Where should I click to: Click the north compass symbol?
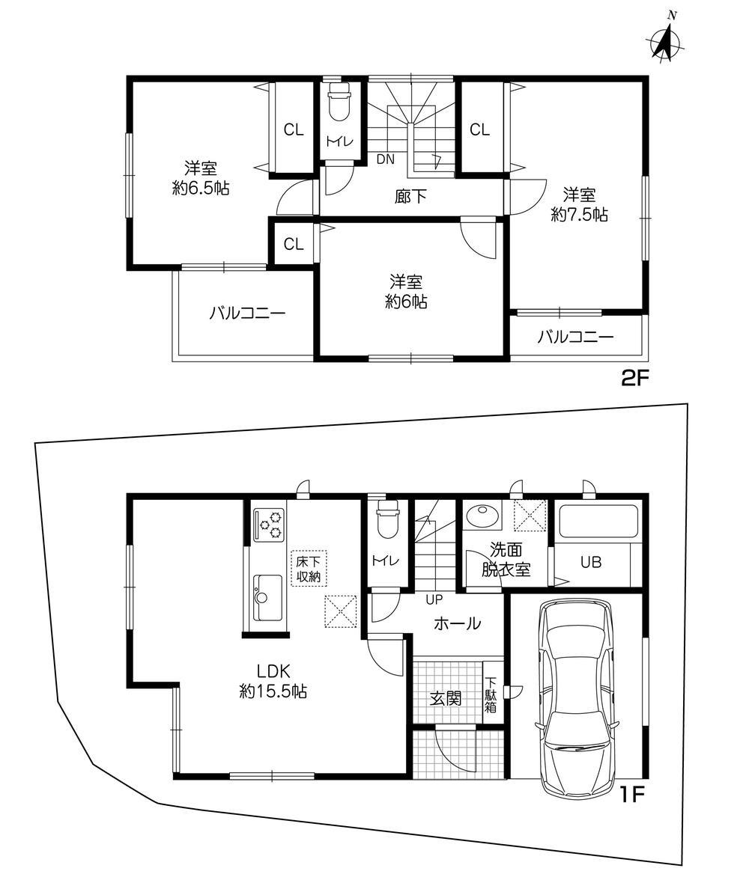(665, 40)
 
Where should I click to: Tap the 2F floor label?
(633, 378)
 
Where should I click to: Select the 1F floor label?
(633, 795)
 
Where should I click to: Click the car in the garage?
(577, 697)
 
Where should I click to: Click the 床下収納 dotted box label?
(309, 569)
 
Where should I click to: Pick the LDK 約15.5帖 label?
(273, 681)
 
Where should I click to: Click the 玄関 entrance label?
(445, 698)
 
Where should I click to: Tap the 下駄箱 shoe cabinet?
(491, 694)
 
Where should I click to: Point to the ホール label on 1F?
(457, 624)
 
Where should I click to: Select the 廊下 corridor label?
(410, 196)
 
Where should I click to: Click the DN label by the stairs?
(385, 159)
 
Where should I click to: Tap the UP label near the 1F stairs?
(434, 599)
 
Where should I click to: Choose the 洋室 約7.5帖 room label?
(579, 205)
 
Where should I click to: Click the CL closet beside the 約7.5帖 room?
(479, 130)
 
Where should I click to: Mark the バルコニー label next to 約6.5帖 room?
(247, 313)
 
